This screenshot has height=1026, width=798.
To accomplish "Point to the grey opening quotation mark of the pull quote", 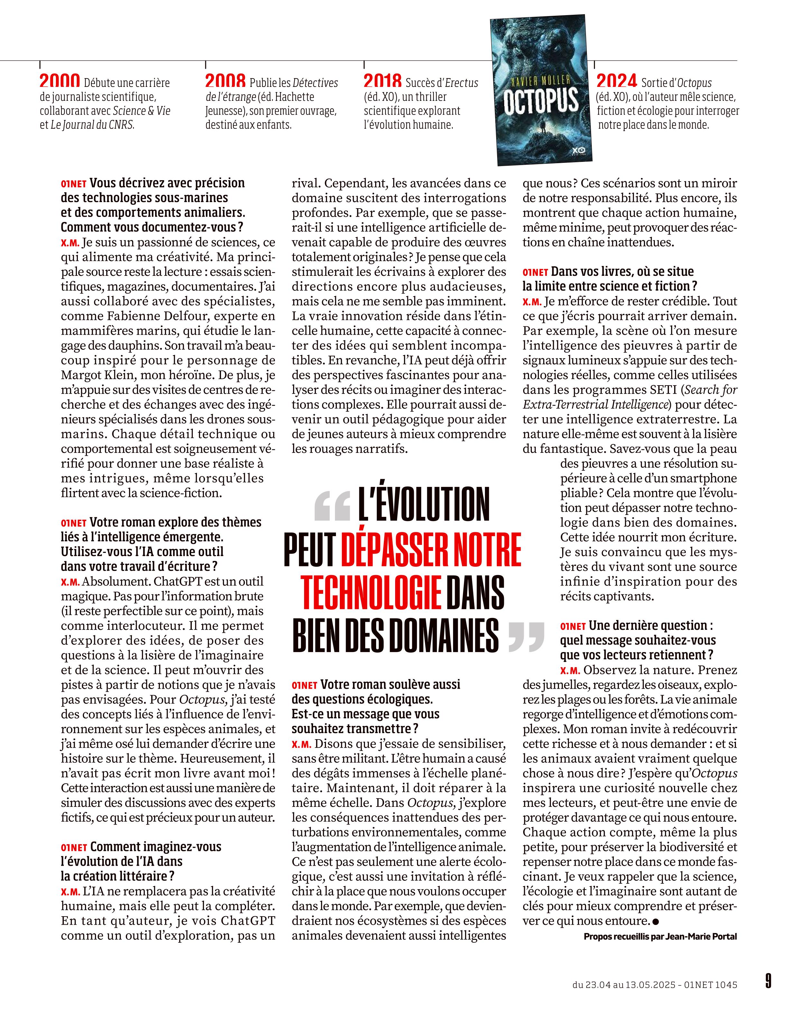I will pyautogui.click(x=332, y=507).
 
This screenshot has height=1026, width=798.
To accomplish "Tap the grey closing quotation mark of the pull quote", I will pyautogui.click(x=526, y=637).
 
